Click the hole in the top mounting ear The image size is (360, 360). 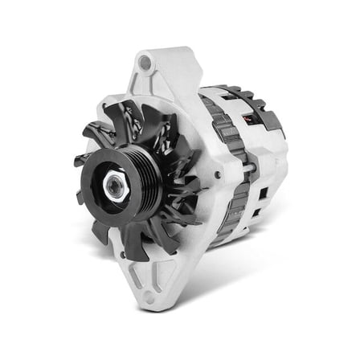[x=145, y=62]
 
